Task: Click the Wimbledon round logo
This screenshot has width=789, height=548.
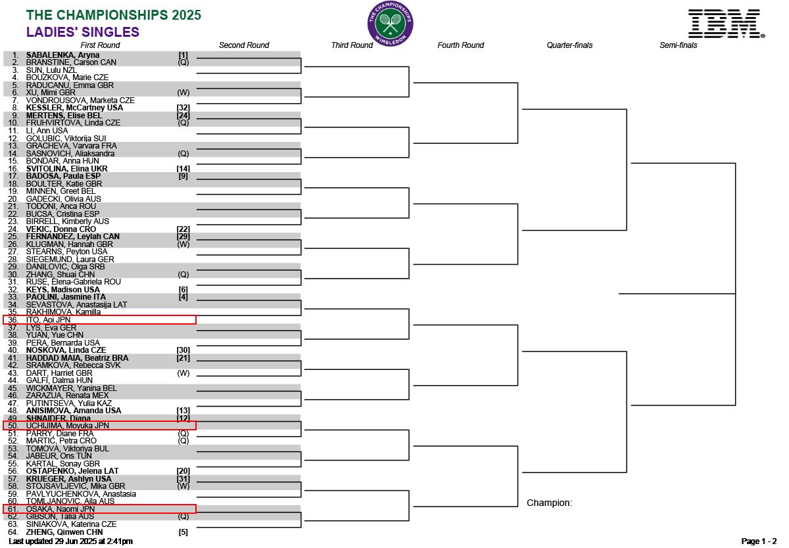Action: (x=390, y=24)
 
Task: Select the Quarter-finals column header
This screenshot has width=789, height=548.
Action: (x=569, y=45)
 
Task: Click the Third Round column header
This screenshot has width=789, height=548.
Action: (x=352, y=45)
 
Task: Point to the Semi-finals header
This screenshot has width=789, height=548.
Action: (x=679, y=45)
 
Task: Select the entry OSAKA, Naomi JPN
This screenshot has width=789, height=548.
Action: (x=60, y=509)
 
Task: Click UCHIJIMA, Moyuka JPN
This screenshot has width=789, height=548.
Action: (x=67, y=426)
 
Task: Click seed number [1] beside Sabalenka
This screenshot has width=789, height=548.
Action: (x=183, y=55)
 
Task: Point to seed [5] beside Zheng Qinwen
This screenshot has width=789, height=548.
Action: (x=183, y=532)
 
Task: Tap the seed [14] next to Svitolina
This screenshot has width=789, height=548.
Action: (x=183, y=169)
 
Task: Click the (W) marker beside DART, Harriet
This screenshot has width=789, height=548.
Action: (x=183, y=373)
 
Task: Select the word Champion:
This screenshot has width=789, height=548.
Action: (x=550, y=503)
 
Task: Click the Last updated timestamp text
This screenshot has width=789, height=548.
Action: (x=70, y=541)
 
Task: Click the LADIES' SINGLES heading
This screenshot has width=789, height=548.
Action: (x=83, y=32)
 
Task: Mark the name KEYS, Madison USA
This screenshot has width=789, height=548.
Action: (x=62, y=290)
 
